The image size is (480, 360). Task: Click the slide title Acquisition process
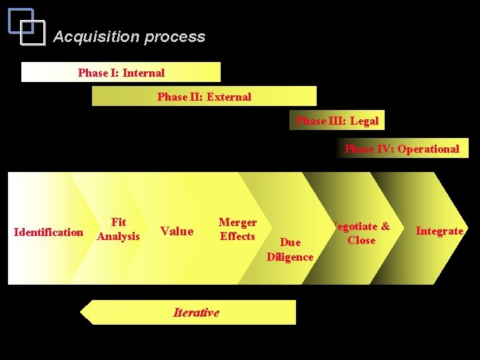(x=129, y=37)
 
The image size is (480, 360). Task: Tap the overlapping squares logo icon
(x=27, y=27)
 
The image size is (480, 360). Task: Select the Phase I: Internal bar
(x=121, y=72)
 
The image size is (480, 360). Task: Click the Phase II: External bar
(x=204, y=97)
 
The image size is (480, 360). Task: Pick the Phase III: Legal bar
(x=337, y=121)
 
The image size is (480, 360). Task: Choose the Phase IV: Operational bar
(x=401, y=149)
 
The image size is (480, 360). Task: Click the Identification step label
(x=49, y=232)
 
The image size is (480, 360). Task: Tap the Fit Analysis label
(x=118, y=229)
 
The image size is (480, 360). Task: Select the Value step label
(x=177, y=231)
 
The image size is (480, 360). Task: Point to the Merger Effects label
(x=237, y=229)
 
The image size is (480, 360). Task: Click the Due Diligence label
(x=290, y=249)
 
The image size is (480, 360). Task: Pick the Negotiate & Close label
(x=361, y=233)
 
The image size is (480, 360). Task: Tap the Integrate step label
(x=439, y=231)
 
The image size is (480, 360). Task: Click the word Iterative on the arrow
(x=196, y=312)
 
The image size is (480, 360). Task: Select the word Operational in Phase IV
(x=428, y=149)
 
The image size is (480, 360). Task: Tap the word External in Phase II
(x=229, y=97)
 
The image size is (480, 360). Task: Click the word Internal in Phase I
(x=143, y=72)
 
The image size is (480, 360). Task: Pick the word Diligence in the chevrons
(x=290, y=257)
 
